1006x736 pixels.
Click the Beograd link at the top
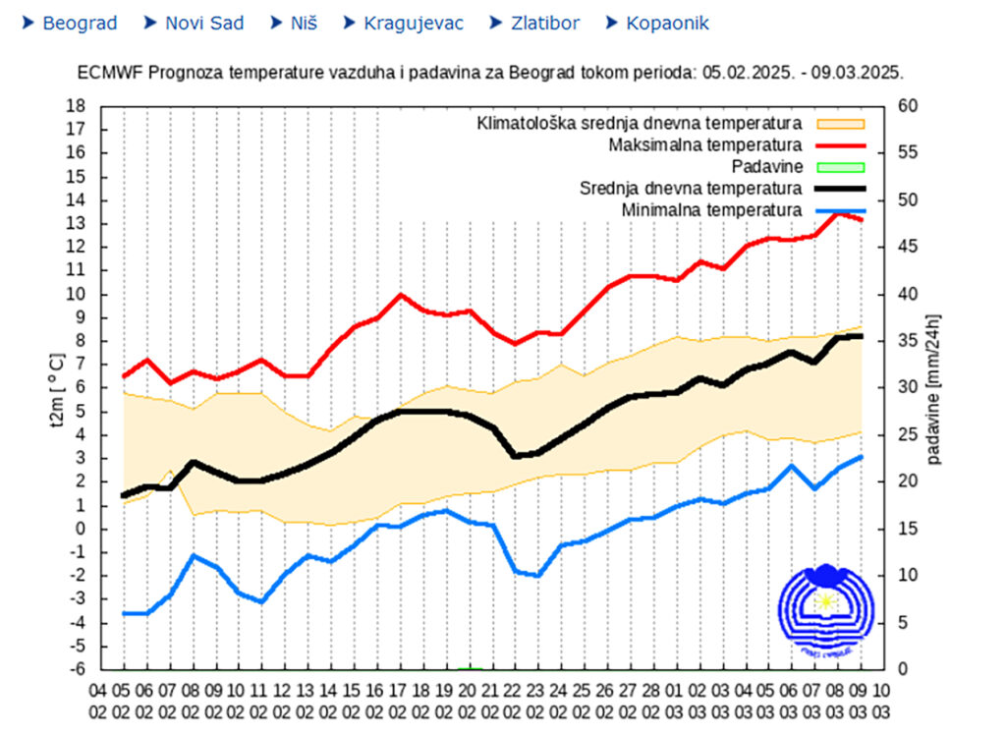click(x=80, y=23)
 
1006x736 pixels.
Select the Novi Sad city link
click(x=204, y=23)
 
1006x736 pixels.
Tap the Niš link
click(x=304, y=23)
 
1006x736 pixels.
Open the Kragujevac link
click(x=414, y=23)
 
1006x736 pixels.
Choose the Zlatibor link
click(x=545, y=23)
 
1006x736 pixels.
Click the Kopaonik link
click(x=667, y=23)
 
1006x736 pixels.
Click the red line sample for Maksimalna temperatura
click(x=839, y=145)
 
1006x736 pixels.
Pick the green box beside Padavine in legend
click(x=839, y=167)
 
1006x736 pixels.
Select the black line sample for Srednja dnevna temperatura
click(x=839, y=189)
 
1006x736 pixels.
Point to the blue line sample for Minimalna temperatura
click(x=839, y=210)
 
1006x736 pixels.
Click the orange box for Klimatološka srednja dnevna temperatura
click(x=839, y=124)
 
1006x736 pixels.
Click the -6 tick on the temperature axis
click(x=76, y=670)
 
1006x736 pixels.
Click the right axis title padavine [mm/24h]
click(x=933, y=388)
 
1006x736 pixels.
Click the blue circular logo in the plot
click(x=824, y=609)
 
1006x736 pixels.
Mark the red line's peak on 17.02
click(x=400, y=294)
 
